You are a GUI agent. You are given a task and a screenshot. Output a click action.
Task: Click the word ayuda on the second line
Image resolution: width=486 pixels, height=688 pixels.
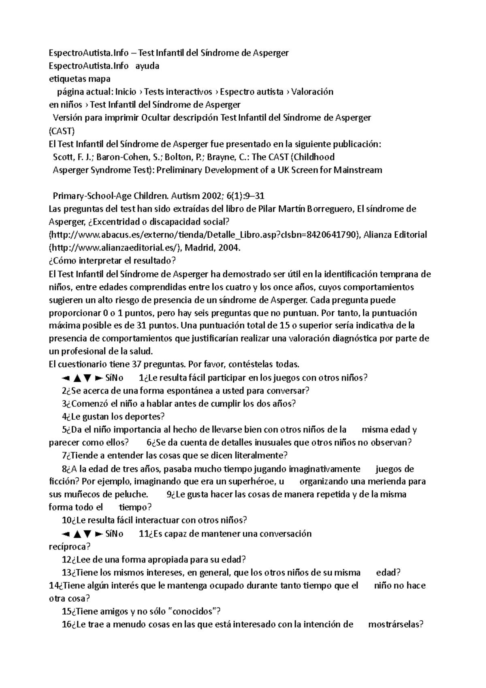pyautogui.click(x=147, y=66)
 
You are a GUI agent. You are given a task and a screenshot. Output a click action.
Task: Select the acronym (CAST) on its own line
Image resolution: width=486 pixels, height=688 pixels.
pyautogui.click(x=62, y=131)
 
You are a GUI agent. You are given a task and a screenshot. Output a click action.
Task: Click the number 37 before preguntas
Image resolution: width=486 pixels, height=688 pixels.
pyautogui.click(x=137, y=364)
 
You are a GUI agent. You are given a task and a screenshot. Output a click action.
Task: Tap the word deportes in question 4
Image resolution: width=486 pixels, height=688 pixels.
pyautogui.click(x=145, y=416)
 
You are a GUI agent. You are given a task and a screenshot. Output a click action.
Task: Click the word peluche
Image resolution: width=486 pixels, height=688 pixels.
pyautogui.click(x=131, y=494)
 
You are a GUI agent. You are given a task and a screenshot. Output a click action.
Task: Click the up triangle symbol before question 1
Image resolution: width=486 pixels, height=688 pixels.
pyautogui.click(x=77, y=378)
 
